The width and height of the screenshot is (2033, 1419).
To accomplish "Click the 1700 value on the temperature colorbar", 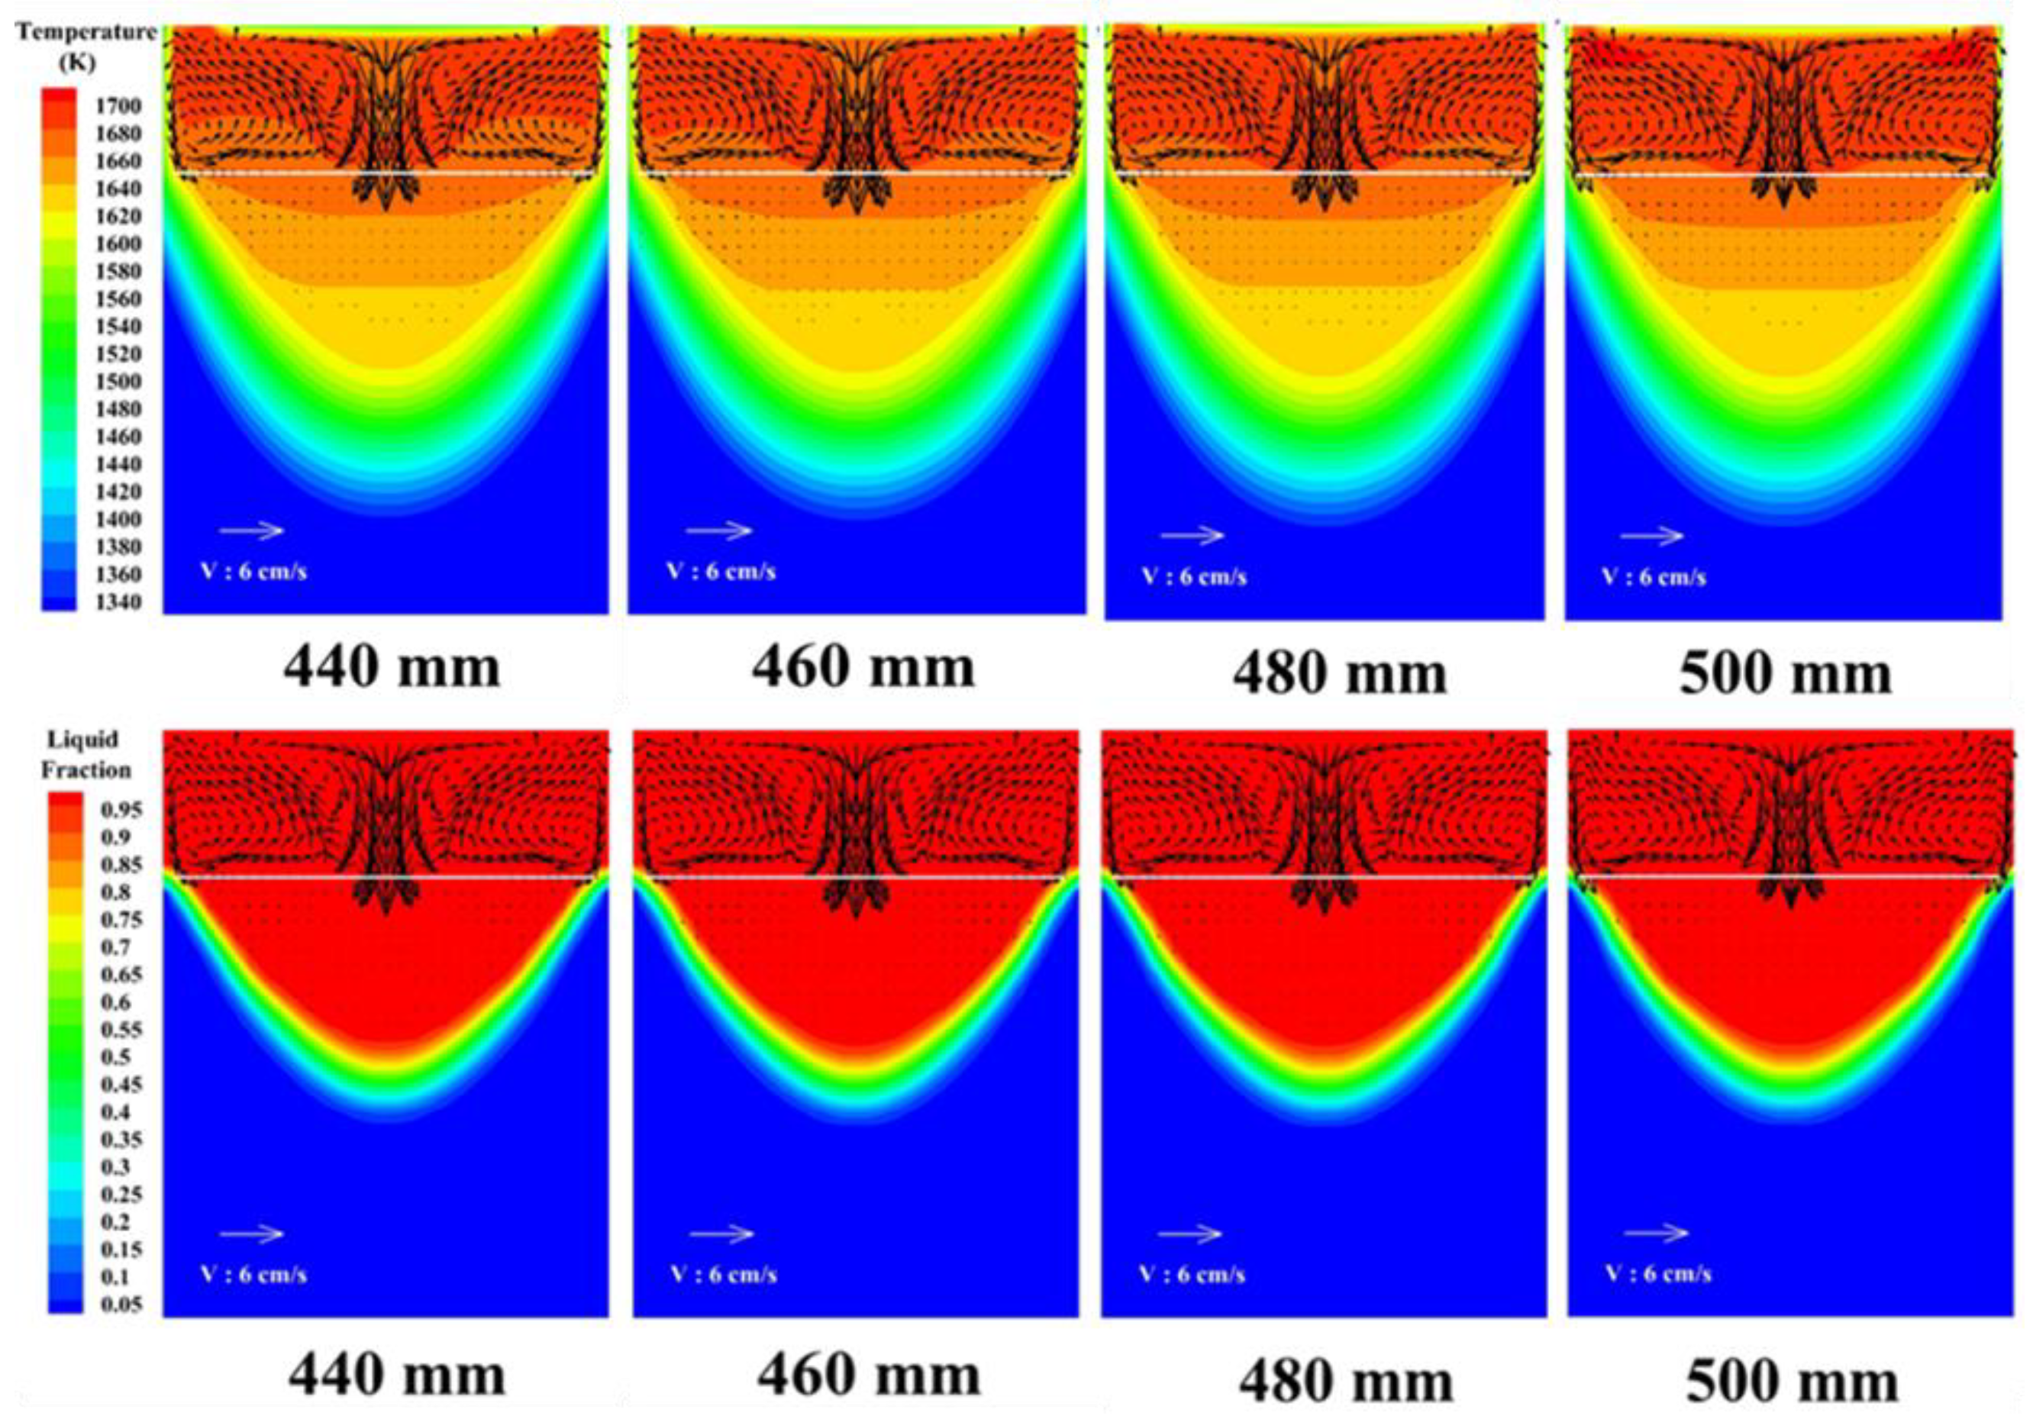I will [x=118, y=106].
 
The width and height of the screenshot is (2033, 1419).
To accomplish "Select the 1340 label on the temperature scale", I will [x=118, y=603].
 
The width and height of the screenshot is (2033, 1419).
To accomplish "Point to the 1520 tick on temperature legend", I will [x=118, y=354].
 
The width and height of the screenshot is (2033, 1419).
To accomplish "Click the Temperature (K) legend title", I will [x=86, y=46].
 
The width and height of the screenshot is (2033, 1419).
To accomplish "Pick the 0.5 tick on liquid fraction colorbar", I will [x=115, y=1057].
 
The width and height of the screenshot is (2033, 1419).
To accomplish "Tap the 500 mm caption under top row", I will [x=1785, y=675].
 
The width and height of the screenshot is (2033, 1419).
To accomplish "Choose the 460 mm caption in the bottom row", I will [x=868, y=1376].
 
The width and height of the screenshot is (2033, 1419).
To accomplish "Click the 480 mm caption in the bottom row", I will [x=1345, y=1382].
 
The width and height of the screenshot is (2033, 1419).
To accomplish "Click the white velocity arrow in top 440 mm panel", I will [x=251, y=531].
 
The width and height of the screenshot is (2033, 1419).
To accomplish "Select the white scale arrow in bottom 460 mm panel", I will [x=721, y=1233].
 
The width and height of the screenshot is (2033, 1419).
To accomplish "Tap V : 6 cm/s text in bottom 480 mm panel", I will [x=1192, y=1275].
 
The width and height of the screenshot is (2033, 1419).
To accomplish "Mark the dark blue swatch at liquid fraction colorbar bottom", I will [x=65, y=1304].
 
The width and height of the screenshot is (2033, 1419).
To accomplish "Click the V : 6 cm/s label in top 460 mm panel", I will [x=721, y=571].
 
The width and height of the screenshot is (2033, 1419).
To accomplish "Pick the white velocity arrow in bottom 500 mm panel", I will [x=1656, y=1232].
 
